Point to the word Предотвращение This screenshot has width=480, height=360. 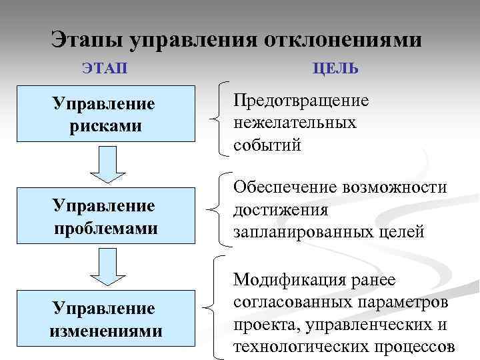click(x=301, y=101)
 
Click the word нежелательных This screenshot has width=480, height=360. click(x=295, y=123)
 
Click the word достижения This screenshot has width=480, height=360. click(x=280, y=211)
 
